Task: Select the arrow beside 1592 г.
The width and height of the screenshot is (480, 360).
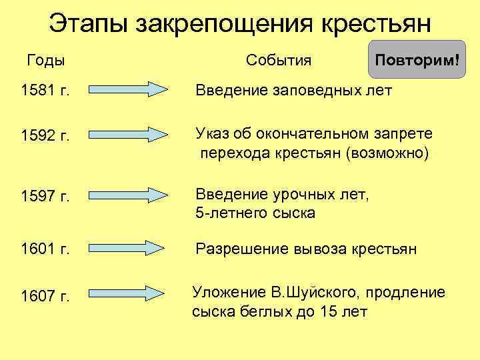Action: [x=127, y=135]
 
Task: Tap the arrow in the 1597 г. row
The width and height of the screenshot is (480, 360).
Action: [x=127, y=195]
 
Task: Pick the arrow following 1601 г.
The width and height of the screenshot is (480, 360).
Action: [x=127, y=248]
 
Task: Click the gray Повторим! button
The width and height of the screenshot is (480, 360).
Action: [x=417, y=60]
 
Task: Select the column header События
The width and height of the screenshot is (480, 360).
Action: [x=279, y=61]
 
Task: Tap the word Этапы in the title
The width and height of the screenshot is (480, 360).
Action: [x=90, y=24]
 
